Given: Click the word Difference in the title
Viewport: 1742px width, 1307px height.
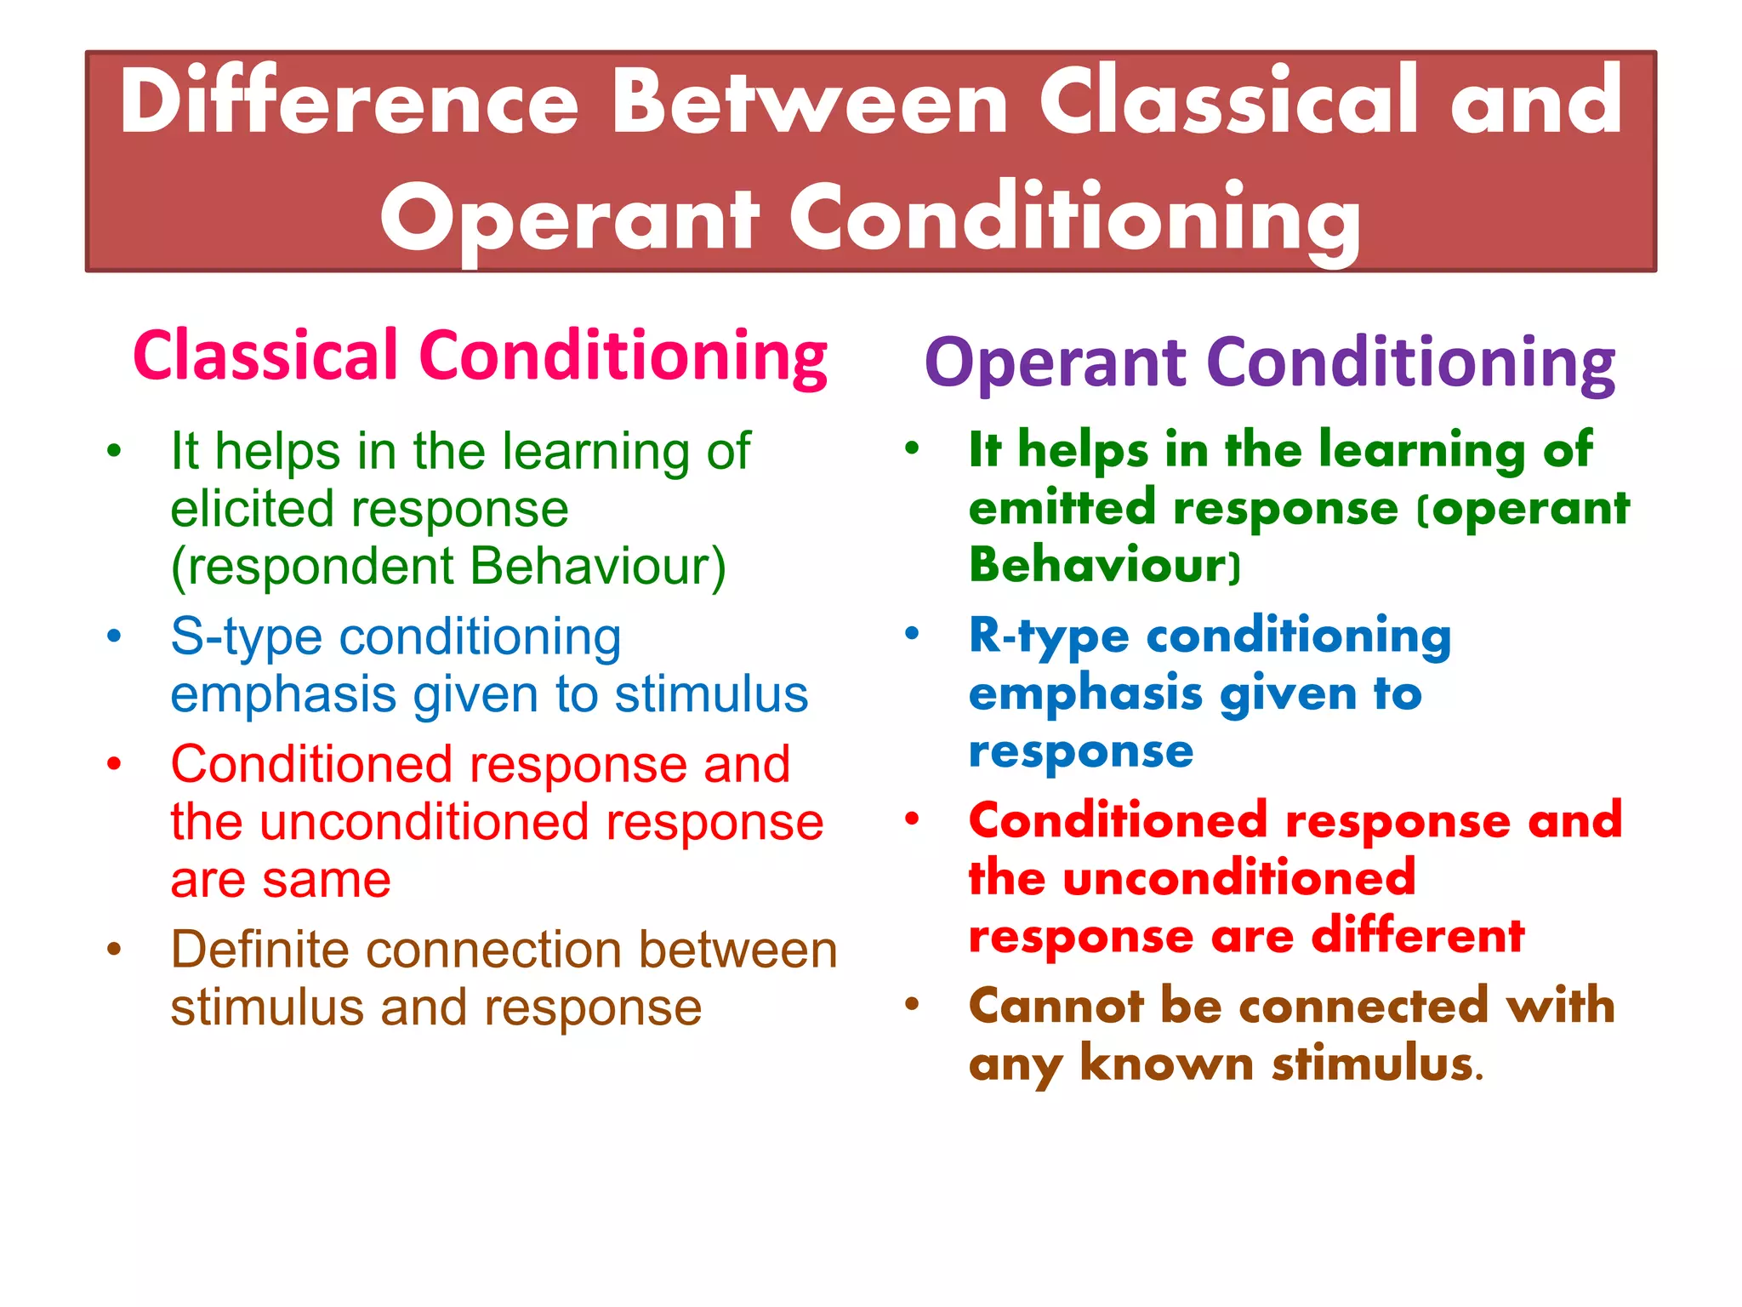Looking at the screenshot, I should [x=349, y=102].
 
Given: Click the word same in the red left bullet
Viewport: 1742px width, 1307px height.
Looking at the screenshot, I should [x=327, y=881].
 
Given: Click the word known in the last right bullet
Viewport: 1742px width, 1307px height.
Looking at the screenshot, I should [x=1167, y=1064].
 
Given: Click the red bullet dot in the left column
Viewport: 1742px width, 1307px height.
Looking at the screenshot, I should [x=114, y=763].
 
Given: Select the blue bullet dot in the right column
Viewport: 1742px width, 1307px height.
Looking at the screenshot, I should [x=912, y=633].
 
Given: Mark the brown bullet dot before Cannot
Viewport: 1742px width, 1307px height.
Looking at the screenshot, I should [x=912, y=1004].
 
